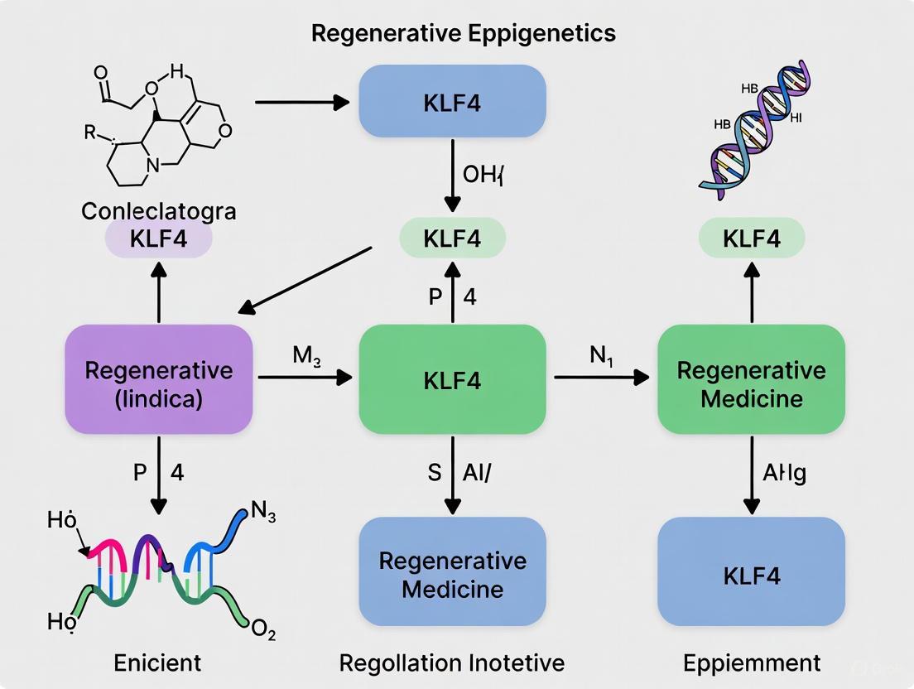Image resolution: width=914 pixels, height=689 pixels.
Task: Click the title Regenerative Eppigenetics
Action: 463,33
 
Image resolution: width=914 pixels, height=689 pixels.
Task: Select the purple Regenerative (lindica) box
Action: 158,380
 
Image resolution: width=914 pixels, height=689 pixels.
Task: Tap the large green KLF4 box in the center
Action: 451,380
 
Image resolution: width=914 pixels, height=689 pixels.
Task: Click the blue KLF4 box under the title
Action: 451,103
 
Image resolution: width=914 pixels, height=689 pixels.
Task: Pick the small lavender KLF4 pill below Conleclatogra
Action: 158,239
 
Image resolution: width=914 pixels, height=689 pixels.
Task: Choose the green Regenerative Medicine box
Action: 751,383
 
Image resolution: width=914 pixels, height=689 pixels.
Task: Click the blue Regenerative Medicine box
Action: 451,574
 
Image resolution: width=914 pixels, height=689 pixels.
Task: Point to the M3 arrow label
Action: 306,356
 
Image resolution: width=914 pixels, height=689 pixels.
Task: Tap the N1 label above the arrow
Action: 602,356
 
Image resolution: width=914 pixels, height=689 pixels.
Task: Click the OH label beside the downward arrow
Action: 483,176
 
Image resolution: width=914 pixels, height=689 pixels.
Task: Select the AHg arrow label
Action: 783,473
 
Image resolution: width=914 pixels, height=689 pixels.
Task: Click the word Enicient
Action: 157,662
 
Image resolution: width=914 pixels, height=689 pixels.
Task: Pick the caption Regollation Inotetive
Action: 451,662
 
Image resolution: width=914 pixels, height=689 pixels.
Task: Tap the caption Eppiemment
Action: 751,662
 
